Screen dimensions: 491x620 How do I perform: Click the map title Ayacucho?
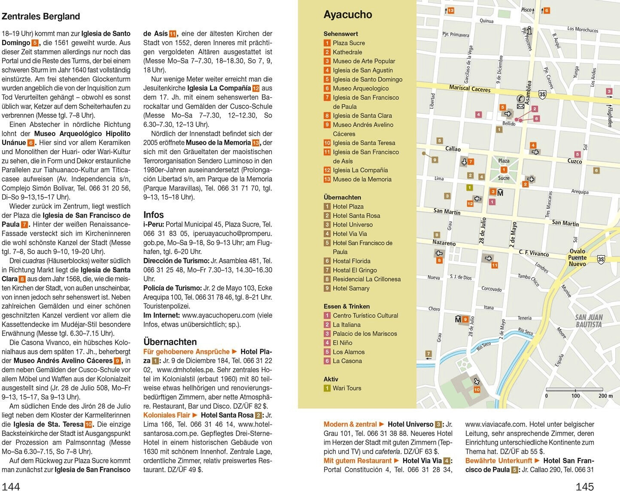tap(347, 15)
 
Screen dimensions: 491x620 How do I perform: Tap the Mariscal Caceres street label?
tap(469, 88)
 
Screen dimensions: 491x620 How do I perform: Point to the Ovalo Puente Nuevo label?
tap(577, 258)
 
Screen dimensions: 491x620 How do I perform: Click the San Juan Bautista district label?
tap(589, 321)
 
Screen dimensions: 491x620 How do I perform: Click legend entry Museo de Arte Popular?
tap(364, 61)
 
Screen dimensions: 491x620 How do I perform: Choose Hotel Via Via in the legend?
tap(350, 233)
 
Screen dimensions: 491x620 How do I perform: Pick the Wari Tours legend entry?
tap(346, 388)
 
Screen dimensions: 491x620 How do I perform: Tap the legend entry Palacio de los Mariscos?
tap(365, 333)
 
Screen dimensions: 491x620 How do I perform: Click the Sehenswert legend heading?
tap(340, 33)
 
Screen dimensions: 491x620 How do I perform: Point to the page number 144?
tap(11, 486)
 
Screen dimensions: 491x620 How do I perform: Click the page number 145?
tap(584, 486)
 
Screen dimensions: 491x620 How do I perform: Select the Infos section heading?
tap(153, 215)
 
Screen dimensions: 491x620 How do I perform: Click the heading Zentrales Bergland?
tap(41, 16)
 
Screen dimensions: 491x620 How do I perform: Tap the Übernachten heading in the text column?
tap(170, 342)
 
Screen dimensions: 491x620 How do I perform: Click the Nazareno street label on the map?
tap(444, 242)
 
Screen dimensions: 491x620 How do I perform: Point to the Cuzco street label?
tap(574, 161)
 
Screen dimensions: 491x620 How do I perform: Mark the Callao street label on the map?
tap(453, 149)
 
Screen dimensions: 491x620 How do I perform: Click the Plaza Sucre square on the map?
tap(504, 169)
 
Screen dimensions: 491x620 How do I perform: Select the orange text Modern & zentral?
tap(350, 424)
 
